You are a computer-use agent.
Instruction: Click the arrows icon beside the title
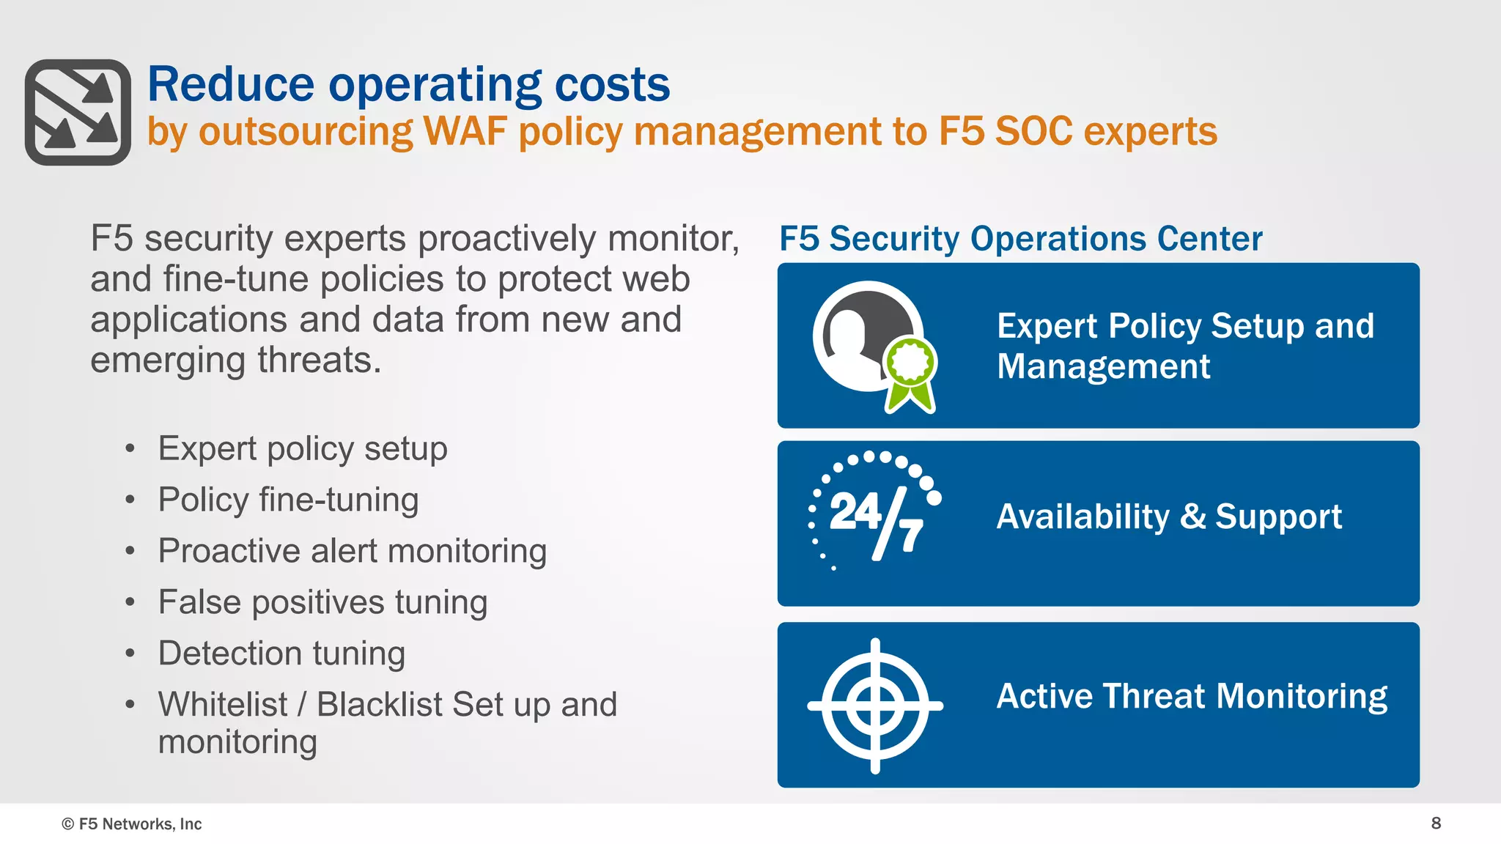click(x=78, y=112)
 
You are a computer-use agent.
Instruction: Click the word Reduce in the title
click(x=230, y=84)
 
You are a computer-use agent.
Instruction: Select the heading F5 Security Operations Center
click(x=1020, y=239)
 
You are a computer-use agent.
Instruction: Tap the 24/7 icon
click(x=874, y=513)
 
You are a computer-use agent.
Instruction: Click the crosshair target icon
click(x=875, y=706)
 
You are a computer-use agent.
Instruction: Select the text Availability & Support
click(x=1168, y=517)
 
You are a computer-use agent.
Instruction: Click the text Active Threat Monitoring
click(x=1192, y=696)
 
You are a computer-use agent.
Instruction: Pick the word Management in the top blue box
click(x=1103, y=366)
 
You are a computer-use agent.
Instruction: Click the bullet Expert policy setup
click(x=302, y=449)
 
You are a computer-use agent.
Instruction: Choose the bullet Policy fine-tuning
click(x=288, y=500)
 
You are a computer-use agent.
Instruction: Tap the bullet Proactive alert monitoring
click(x=352, y=552)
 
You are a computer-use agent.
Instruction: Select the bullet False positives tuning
click(x=322, y=603)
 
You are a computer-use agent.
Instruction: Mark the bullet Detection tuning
click(x=281, y=654)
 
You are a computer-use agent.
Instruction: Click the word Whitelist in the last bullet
click(x=223, y=705)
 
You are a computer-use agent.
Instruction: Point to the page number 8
click(x=1436, y=823)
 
